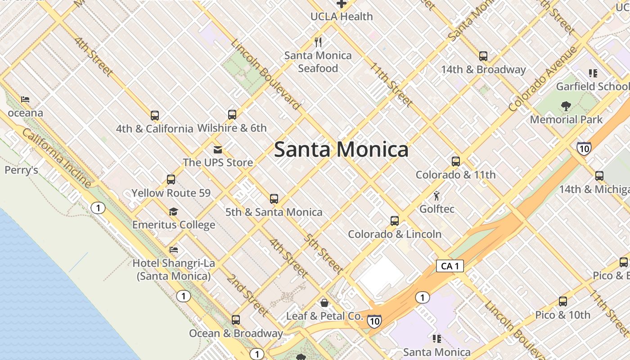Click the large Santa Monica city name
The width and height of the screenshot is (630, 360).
[x=341, y=149]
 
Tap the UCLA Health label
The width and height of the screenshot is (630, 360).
[x=342, y=17]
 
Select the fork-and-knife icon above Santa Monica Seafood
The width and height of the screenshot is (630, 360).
[x=318, y=42]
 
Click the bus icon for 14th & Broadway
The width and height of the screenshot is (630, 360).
[x=483, y=56]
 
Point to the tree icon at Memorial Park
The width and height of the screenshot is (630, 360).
[x=566, y=106]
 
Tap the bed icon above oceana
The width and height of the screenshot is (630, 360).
[x=25, y=99]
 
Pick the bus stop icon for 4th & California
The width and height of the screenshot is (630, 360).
[x=155, y=116]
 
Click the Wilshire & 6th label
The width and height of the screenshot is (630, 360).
[x=232, y=128]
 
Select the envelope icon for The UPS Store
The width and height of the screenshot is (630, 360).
[x=218, y=149]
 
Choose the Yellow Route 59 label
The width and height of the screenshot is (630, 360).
[x=171, y=193]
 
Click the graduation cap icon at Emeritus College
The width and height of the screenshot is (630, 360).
[x=173, y=211]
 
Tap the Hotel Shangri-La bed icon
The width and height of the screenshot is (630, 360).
[x=174, y=250]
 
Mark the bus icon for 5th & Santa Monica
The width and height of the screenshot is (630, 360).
[x=274, y=198]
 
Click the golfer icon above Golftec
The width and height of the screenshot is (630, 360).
[x=436, y=196]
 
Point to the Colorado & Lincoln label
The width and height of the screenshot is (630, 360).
[x=395, y=234]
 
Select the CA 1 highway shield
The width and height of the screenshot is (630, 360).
[x=450, y=266]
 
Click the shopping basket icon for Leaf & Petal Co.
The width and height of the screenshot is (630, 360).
[x=324, y=303]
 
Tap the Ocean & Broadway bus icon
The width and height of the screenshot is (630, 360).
[x=236, y=320]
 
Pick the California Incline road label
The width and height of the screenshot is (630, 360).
[x=57, y=157]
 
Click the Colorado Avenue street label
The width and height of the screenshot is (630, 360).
[x=543, y=79]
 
